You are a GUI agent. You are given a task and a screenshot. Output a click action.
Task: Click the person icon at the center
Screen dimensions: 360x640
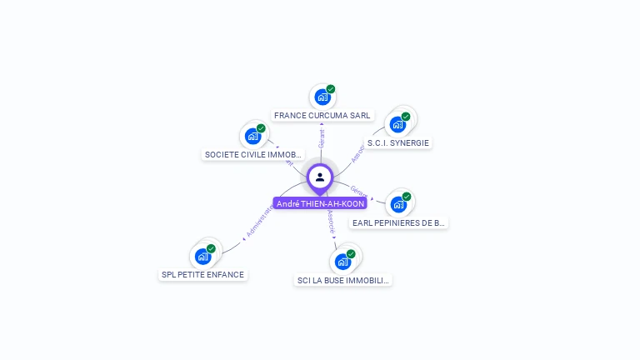(x=320, y=177)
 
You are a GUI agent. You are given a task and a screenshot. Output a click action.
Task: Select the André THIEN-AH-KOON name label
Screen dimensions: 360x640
(x=320, y=203)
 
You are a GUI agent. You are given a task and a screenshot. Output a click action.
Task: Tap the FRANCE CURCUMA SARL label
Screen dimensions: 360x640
(x=322, y=116)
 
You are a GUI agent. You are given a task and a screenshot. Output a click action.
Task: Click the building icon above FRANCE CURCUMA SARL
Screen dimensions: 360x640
(x=322, y=97)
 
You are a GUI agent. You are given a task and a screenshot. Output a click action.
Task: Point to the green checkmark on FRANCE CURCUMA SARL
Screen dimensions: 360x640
(x=331, y=89)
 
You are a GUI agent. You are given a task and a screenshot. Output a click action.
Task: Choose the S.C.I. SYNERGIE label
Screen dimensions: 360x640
(x=398, y=143)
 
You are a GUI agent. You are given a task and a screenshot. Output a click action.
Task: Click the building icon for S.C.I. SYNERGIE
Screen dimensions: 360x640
(x=397, y=125)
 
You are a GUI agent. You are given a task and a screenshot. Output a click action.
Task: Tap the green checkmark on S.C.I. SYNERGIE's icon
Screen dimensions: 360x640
(x=406, y=117)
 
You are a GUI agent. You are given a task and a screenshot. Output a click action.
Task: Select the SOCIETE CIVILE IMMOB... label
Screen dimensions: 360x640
(x=253, y=155)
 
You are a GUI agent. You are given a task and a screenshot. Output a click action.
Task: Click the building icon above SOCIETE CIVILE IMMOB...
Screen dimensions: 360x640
(x=252, y=137)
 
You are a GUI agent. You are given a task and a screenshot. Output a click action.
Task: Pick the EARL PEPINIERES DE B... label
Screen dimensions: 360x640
(x=399, y=223)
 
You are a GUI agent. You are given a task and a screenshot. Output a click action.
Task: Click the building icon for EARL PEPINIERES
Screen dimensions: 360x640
(x=397, y=205)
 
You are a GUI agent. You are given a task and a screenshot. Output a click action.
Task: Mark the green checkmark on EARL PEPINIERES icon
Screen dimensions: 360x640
(x=407, y=197)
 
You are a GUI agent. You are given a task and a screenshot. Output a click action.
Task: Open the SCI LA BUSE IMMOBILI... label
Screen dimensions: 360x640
(x=343, y=281)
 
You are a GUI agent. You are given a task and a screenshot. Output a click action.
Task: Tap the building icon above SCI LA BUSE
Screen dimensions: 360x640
(x=342, y=262)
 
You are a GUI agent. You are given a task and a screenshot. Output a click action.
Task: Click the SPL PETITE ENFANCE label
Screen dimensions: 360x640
(x=203, y=275)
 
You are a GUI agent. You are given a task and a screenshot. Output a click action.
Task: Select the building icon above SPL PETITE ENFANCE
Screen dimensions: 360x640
(x=202, y=257)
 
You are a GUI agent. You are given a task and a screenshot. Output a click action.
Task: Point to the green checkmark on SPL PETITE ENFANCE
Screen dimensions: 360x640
(x=211, y=248)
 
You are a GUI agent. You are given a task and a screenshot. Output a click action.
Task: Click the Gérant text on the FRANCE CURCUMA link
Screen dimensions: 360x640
(x=322, y=138)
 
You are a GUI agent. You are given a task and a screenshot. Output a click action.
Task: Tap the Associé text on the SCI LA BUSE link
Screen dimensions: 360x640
(x=331, y=220)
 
